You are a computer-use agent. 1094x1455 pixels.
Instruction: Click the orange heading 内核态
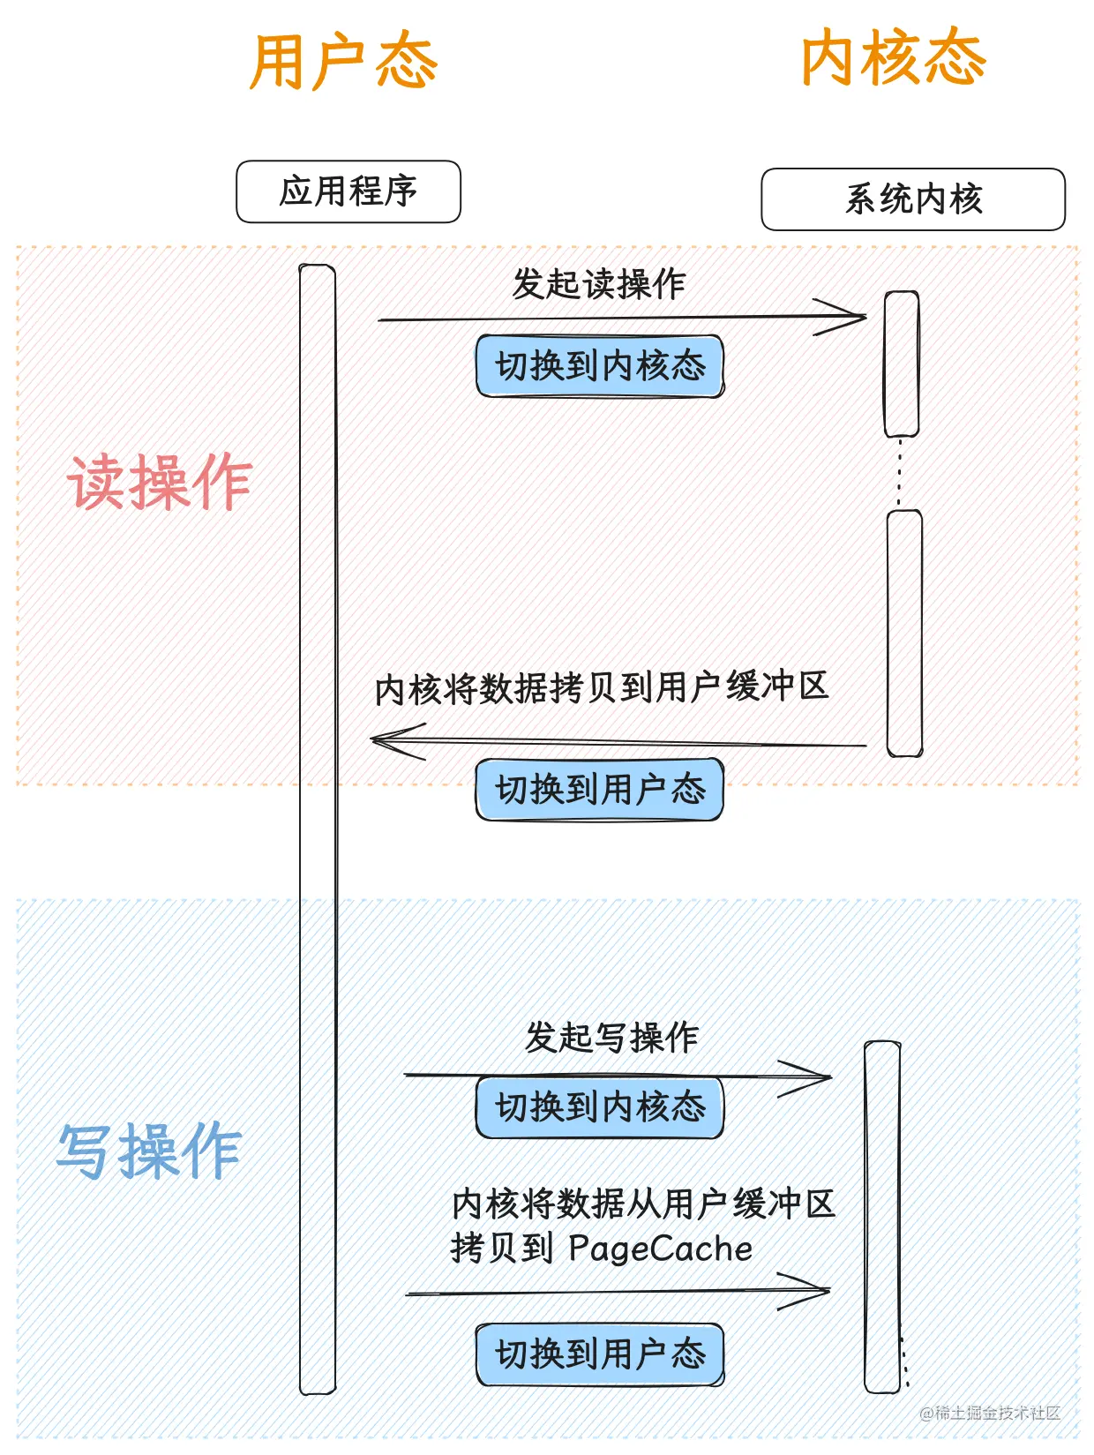coord(894,57)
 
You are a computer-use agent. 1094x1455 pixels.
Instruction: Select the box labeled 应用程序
coord(348,191)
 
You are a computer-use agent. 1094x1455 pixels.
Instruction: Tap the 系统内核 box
coord(913,199)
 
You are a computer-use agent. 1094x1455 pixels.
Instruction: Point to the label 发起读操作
coord(599,284)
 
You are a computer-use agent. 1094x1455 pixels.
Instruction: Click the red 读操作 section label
coord(160,482)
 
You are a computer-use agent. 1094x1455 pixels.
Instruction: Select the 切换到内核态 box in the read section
coord(600,366)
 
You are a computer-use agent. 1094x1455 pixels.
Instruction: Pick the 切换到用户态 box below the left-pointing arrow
coord(600,790)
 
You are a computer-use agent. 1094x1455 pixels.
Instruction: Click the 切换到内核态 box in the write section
coord(600,1107)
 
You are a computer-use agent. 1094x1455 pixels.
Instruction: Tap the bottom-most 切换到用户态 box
coord(600,1354)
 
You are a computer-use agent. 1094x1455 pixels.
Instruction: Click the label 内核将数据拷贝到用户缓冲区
coord(602,687)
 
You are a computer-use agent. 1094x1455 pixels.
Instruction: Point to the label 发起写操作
coord(611,1037)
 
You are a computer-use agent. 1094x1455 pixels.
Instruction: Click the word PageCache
coord(661,1249)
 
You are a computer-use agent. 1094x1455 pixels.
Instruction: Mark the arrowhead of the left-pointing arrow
coord(371,739)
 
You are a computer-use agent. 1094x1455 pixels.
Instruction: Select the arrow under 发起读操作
coord(622,319)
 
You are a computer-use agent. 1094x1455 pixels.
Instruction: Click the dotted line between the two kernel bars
coord(899,473)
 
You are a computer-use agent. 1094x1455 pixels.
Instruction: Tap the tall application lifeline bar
coord(318,829)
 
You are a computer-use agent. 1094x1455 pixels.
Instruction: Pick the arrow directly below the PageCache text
coord(618,1291)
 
